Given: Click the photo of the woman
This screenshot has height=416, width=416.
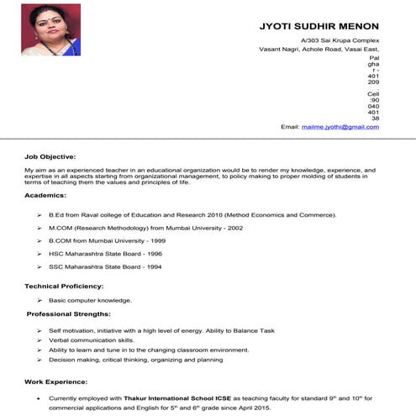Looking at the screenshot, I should click(x=50, y=31).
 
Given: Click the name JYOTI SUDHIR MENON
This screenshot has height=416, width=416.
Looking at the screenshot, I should click(x=319, y=25).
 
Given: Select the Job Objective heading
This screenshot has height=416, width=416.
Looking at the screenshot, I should click(x=50, y=156).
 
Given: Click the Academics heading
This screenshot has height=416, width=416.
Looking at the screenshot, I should click(x=45, y=195).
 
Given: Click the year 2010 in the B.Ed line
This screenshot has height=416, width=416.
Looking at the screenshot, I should click(x=207, y=215).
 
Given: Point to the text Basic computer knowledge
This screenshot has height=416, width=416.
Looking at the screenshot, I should click(x=90, y=300).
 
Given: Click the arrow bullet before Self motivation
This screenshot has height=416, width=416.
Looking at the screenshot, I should click(x=39, y=330).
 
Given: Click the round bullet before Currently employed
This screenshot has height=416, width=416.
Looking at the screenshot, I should click(x=39, y=397).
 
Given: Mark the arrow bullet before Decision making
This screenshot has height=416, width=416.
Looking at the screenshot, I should click(x=39, y=360).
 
